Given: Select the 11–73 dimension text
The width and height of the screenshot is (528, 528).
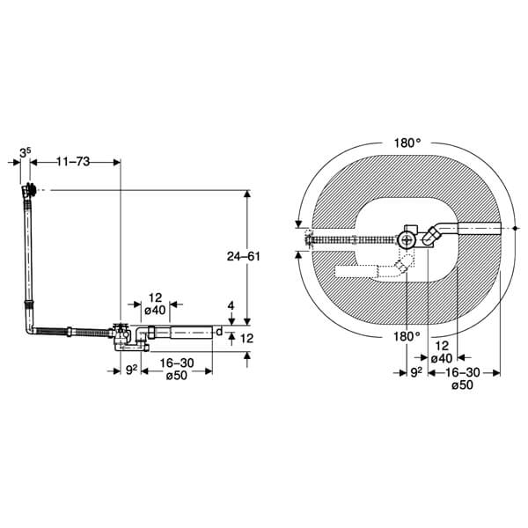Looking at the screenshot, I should [x=73, y=162].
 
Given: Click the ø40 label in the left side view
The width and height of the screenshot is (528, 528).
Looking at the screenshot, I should [x=154, y=309].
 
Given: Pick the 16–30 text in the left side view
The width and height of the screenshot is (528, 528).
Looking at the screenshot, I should [x=175, y=363].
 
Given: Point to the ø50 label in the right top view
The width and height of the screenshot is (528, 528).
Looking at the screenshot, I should [x=464, y=385].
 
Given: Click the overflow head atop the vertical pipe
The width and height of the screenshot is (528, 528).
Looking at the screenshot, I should [x=30, y=189].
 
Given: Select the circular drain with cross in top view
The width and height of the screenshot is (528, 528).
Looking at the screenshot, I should [x=407, y=237].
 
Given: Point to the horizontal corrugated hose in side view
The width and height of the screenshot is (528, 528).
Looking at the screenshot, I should [x=79, y=332].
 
